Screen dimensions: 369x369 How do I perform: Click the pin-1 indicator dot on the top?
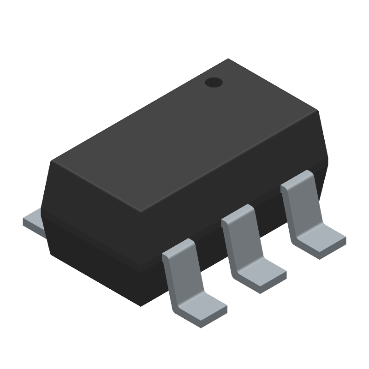[x=214, y=83]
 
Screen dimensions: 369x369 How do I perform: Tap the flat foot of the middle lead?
[x=261, y=276]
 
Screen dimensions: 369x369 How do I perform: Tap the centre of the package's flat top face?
[x=184, y=134]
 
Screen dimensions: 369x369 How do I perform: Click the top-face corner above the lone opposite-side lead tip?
[x=53, y=161]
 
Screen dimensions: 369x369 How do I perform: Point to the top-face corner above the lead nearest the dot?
[x=317, y=111]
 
